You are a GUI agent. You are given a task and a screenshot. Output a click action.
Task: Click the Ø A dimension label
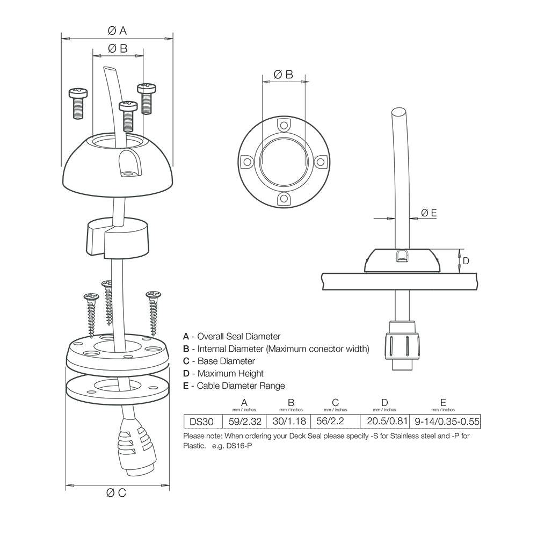117,30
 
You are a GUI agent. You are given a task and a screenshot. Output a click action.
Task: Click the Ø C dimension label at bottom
117,492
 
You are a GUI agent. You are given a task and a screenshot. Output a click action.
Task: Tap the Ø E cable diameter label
429,213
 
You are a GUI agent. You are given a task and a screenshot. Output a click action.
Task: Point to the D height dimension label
466,261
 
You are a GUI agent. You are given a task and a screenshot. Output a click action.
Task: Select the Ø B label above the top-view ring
283,75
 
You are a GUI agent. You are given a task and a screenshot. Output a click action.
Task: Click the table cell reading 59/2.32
244,422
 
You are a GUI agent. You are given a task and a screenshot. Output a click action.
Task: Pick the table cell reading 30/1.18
291,422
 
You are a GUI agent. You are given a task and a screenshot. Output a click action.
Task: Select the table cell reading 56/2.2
335,422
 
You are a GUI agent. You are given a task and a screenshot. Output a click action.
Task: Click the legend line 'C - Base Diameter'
219,361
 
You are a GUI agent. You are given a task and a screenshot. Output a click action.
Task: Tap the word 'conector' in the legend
325,349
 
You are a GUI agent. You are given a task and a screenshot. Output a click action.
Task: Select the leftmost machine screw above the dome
78,102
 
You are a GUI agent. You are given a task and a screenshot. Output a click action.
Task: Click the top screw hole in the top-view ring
283,125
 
